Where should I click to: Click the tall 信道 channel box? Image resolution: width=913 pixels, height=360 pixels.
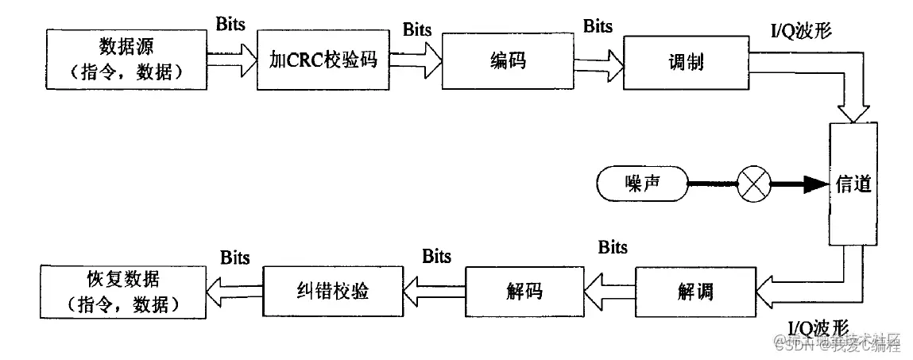coord(853,184)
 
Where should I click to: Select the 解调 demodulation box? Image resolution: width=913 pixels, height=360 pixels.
coord(695,290)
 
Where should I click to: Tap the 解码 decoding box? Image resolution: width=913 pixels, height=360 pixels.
coord(524,290)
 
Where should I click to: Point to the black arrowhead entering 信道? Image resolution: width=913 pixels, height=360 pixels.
coord(811,186)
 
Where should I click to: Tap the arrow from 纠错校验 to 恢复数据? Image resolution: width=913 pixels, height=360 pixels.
coord(235,290)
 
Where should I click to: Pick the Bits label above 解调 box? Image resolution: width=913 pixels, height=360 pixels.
coord(613,247)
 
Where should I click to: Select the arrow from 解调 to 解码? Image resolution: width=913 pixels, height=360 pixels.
coord(608,290)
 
